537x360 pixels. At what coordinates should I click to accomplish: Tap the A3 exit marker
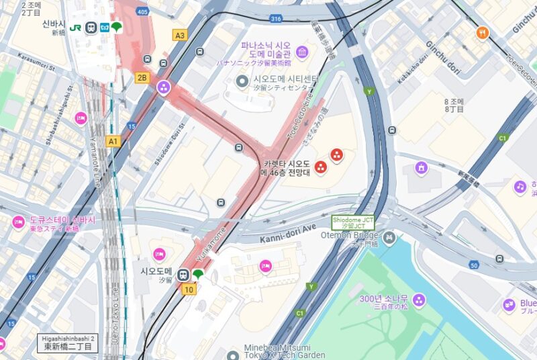[179, 36]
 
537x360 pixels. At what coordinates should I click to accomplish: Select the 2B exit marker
[142, 77]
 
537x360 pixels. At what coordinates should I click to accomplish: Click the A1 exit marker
[113, 141]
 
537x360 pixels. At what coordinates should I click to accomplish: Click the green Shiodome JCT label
[352, 222]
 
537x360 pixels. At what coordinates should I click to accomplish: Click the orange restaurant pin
[482, 32]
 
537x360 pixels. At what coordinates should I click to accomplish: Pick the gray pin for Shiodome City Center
[242, 81]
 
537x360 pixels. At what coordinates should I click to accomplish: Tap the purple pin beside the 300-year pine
[419, 300]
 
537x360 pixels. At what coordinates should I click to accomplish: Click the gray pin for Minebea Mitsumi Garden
[232, 355]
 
